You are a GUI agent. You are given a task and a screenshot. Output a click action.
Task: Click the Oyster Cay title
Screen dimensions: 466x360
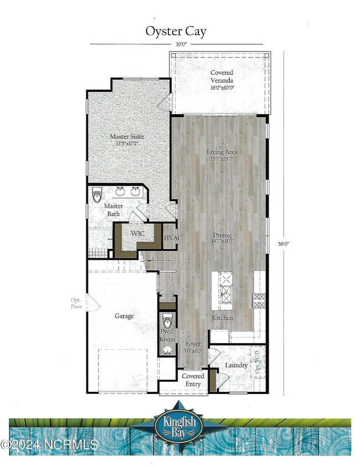coord(176,32)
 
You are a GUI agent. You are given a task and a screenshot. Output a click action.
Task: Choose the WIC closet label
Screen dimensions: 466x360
coord(137,234)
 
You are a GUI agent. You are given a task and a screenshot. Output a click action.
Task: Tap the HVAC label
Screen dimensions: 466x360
coord(172,238)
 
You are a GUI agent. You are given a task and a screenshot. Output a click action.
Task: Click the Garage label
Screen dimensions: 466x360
coord(125,316)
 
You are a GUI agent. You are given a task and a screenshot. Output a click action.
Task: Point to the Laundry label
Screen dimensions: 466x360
coord(236,365)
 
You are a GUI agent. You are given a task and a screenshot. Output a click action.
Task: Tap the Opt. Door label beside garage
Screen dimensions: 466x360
coord(76,303)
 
